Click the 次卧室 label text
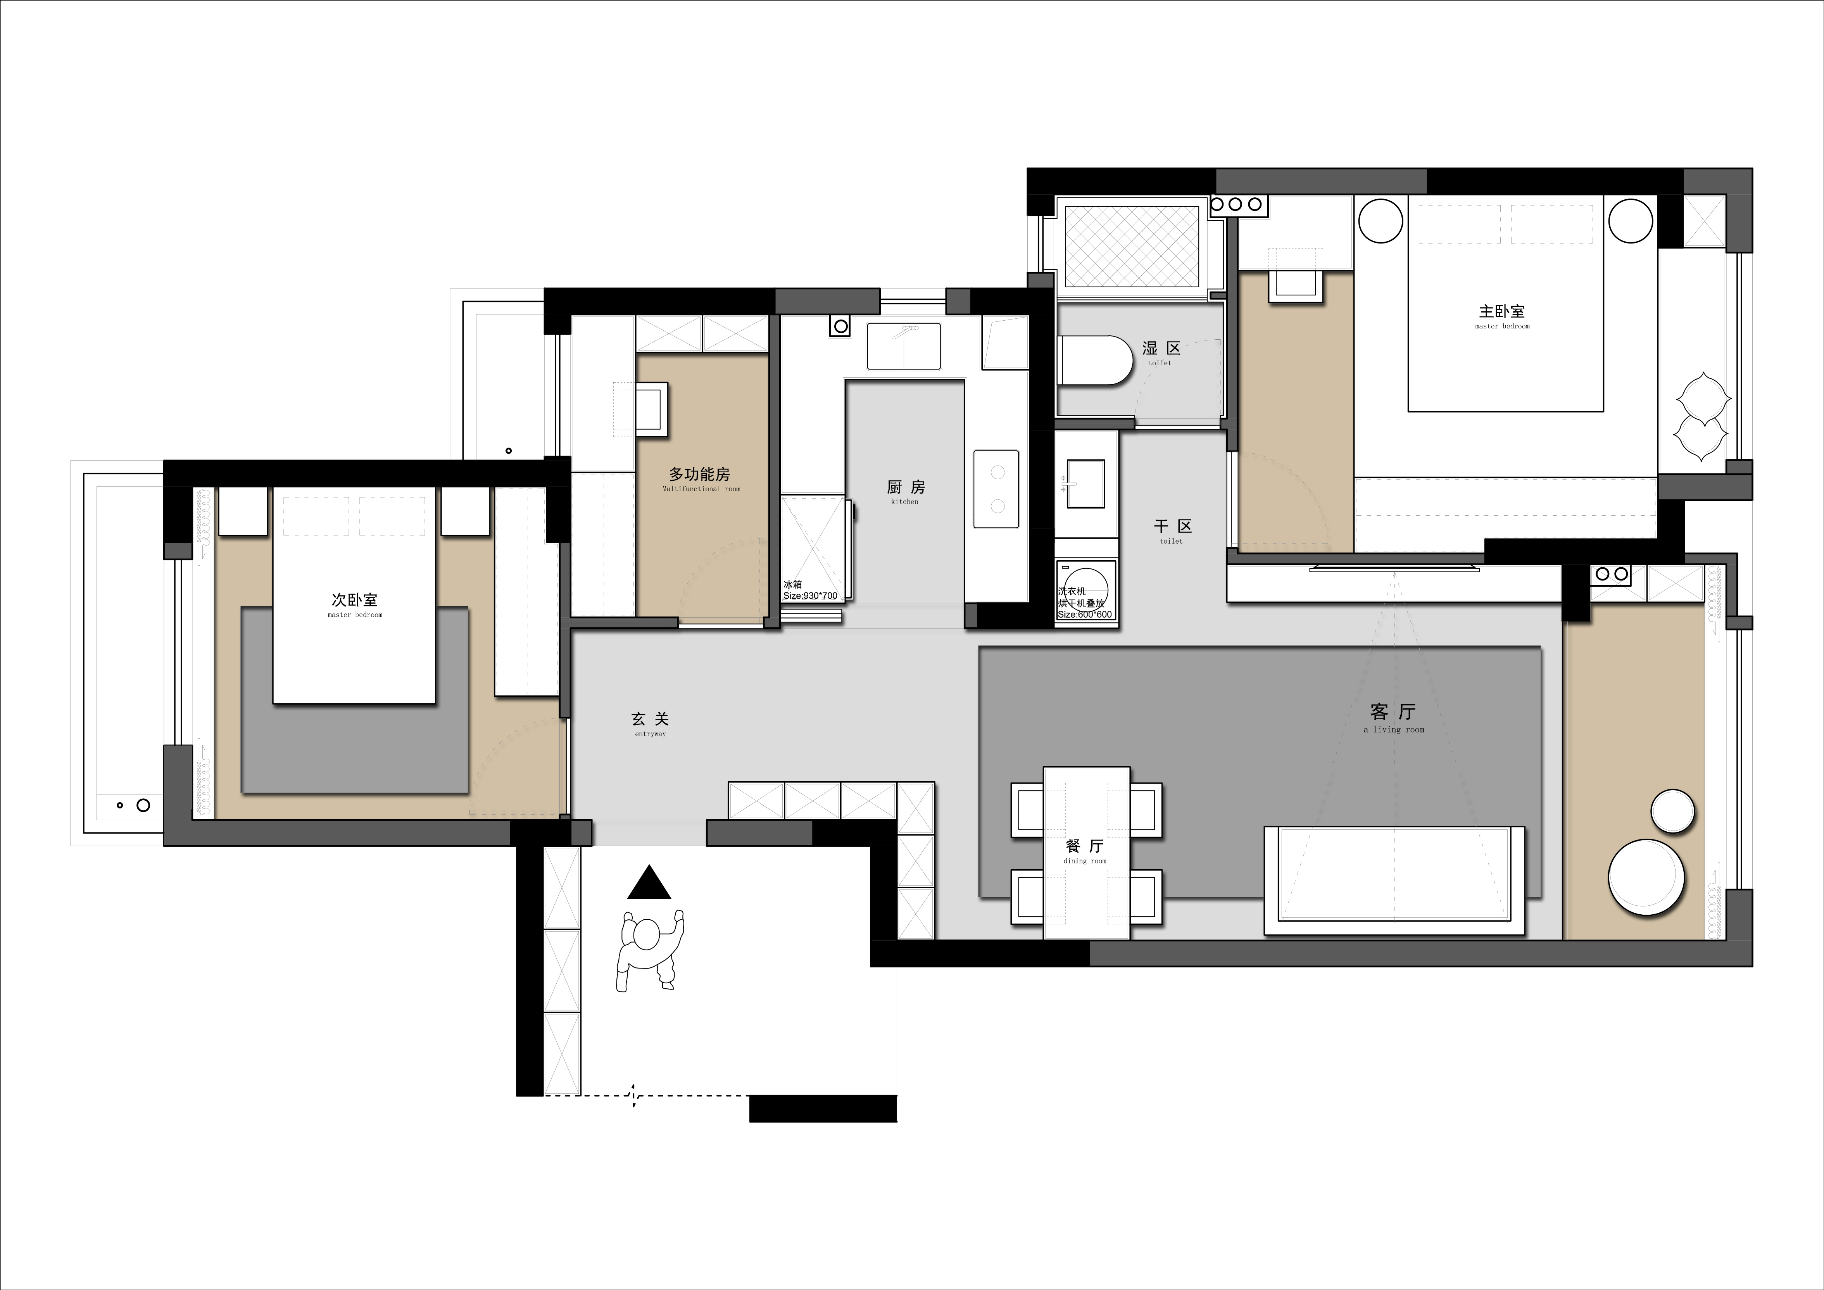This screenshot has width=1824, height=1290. tap(354, 601)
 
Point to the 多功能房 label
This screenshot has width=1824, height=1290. tap(699, 474)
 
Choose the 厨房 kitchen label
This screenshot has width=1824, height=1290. tap(906, 487)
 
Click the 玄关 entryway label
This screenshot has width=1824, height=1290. tap(650, 719)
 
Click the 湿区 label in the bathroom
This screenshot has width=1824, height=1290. tap(1161, 348)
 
